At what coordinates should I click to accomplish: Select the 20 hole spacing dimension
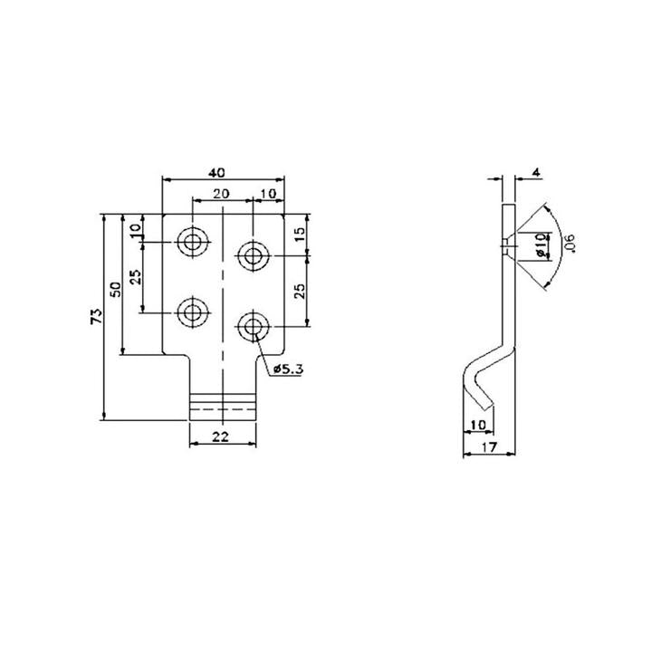click(x=221, y=193)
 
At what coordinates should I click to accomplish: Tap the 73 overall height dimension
click(x=96, y=316)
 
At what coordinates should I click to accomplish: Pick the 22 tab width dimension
click(x=221, y=436)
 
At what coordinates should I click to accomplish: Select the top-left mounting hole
click(x=192, y=243)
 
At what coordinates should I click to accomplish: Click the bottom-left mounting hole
click(x=192, y=313)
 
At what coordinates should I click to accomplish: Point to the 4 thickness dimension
click(x=536, y=172)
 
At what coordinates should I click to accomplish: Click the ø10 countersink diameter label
click(x=541, y=245)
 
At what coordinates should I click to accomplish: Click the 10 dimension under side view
click(x=478, y=425)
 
